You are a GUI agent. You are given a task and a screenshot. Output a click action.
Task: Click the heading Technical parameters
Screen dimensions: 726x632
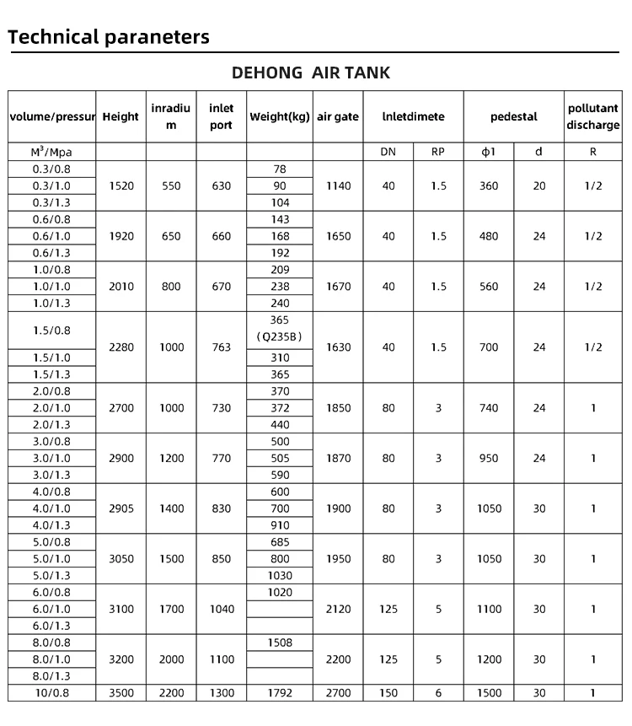click(x=108, y=37)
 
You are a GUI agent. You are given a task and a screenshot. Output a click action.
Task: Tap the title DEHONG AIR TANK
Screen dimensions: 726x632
click(x=311, y=73)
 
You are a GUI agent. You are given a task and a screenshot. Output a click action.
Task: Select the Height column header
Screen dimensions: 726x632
click(x=121, y=117)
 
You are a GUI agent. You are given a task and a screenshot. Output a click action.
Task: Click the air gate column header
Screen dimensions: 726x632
click(x=337, y=117)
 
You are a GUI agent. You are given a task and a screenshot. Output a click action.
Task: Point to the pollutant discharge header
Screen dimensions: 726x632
click(x=593, y=117)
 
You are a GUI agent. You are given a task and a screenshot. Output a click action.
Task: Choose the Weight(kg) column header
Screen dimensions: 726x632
click(x=280, y=117)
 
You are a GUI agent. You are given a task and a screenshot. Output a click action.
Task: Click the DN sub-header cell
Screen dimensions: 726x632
click(x=388, y=153)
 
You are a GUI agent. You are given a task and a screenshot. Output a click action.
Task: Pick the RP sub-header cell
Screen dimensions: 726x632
click(x=438, y=153)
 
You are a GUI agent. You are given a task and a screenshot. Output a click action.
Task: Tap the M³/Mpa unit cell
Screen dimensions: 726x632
click(x=52, y=153)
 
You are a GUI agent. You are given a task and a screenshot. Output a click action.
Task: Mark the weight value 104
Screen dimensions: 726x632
click(x=280, y=202)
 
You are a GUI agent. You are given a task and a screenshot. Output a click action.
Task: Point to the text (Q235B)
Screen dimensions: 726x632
click(x=280, y=338)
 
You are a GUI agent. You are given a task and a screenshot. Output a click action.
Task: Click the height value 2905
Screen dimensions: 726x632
click(x=121, y=508)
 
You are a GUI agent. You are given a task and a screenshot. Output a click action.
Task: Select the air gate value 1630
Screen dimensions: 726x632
click(x=337, y=347)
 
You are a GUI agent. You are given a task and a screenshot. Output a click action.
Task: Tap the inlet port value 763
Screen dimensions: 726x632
click(x=221, y=347)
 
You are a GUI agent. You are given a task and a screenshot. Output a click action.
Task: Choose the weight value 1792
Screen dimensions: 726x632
click(x=280, y=693)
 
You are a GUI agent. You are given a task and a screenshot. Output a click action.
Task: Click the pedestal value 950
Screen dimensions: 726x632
click(x=489, y=459)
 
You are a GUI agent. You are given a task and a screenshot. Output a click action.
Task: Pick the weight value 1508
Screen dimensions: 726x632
click(x=280, y=643)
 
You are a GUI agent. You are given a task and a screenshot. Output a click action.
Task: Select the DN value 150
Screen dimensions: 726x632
click(x=388, y=693)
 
